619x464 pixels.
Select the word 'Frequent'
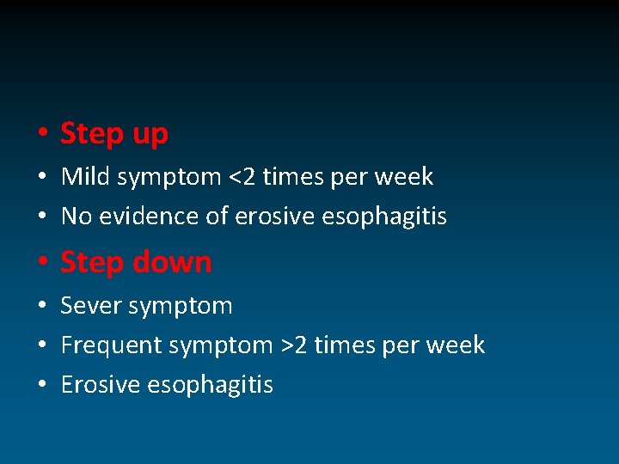pyautogui.click(x=112, y=345)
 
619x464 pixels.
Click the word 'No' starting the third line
pyautogui.click(x=76, y=217)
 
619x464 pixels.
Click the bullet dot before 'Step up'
pyautogui.click(x=40, y=134)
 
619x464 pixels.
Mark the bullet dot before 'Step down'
pyautogui.click(x=40, y=262)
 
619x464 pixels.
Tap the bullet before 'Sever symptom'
pyautogui.click(x=40, y=306)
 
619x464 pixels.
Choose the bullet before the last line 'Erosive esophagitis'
pyautogui.click(x=40, y=385)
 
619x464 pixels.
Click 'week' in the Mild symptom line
pyautogui.click(x=405, y=177)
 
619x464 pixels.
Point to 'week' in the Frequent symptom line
pyautogui.click(x=457, y=345)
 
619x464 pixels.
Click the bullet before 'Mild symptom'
pyautogui.click(x=40, y=178)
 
